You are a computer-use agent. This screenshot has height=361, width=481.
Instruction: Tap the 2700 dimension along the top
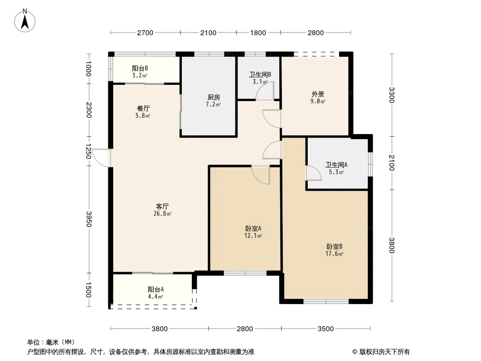tap(145, 33)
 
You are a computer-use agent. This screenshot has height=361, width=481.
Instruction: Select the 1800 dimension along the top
tap(258, 33)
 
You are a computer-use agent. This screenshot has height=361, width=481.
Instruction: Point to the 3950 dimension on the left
tap(88, 219)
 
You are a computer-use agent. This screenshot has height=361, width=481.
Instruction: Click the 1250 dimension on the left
tap(88, 151)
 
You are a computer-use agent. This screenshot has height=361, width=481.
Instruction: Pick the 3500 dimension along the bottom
tap(325, 329)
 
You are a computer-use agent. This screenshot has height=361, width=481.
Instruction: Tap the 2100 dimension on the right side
tap(391, 163)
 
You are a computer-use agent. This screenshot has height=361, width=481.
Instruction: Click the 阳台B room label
tap(140, 68)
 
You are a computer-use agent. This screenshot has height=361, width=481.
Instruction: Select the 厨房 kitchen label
tap(213, 97)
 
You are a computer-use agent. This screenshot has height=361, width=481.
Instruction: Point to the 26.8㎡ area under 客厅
tap(162, 213)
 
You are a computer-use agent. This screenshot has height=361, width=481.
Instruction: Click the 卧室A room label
tap(253, 228)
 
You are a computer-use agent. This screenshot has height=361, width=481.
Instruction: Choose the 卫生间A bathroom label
tap(336, 165)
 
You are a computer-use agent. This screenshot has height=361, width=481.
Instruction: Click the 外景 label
tap(318, 94)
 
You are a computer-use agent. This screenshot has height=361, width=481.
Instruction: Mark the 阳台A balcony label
tap(156, 289)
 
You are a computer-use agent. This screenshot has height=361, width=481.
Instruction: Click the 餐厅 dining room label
tap(143, 109)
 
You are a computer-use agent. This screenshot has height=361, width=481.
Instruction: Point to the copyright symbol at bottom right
tap(355, 352)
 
